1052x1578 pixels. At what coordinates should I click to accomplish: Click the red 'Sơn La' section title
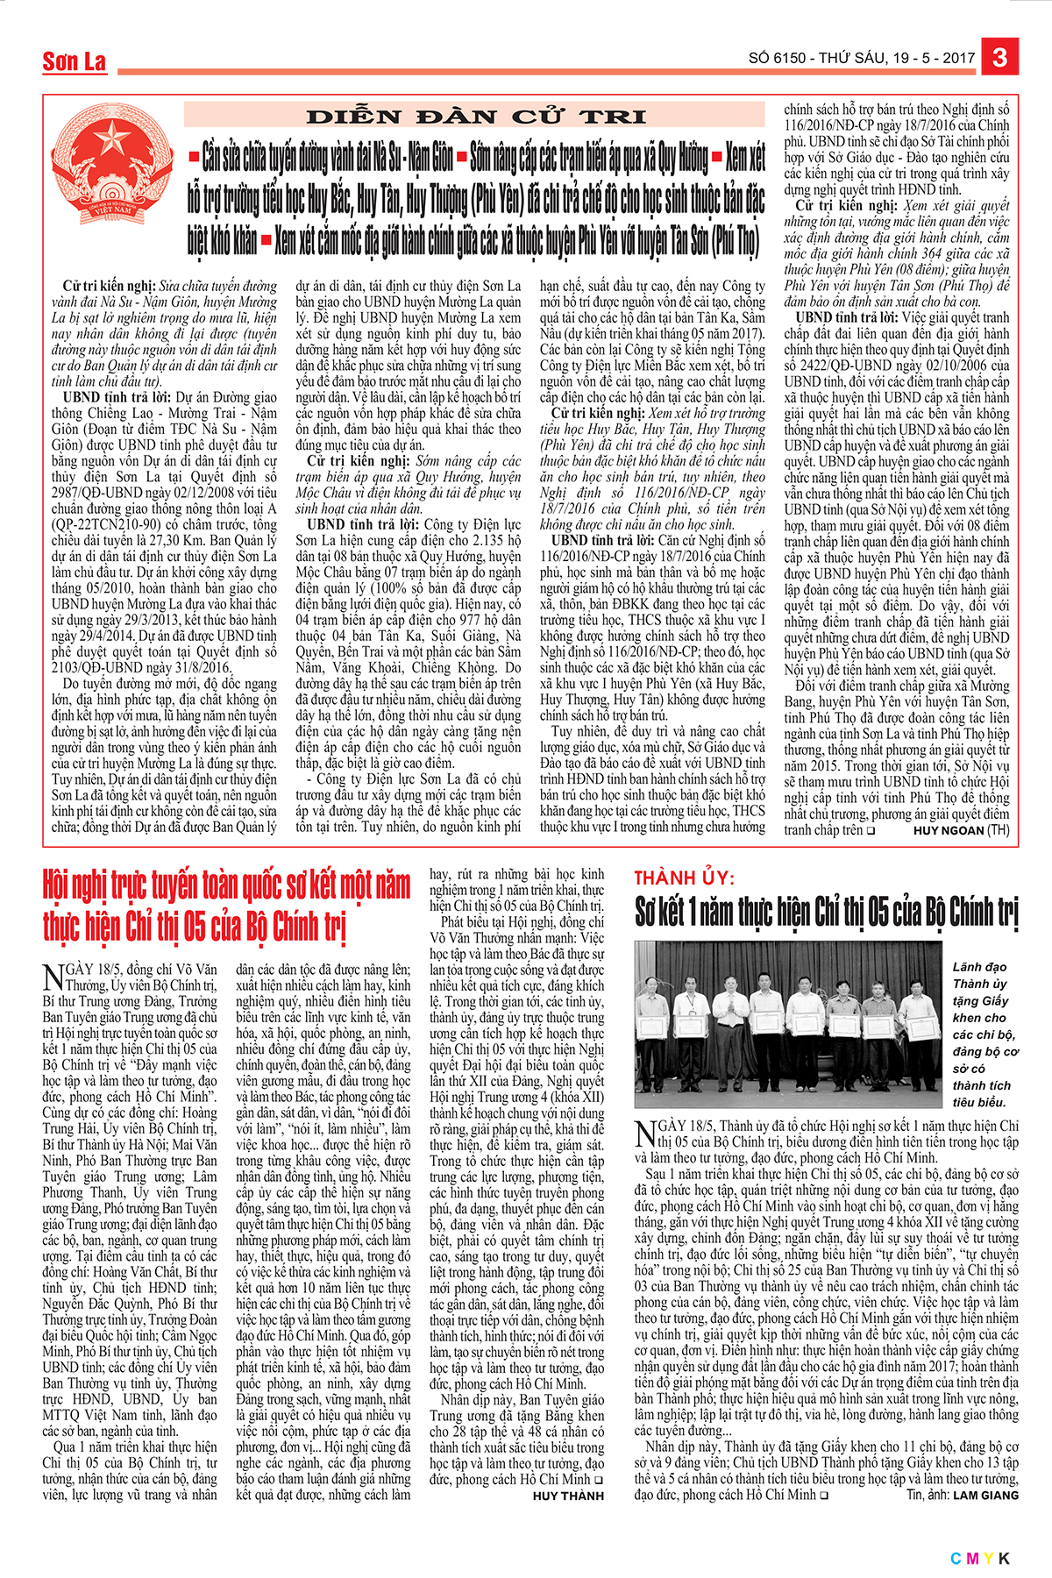75,61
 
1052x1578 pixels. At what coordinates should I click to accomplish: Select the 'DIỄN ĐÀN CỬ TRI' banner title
476,117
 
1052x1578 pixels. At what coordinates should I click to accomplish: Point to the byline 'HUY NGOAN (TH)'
961,830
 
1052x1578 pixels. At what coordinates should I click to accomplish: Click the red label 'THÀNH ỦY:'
685,878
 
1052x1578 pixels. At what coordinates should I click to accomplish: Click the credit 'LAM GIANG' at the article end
985,1495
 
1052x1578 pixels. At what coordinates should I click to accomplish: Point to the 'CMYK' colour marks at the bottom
980,1558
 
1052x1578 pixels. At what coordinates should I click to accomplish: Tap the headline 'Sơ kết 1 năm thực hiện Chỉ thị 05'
826,912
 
